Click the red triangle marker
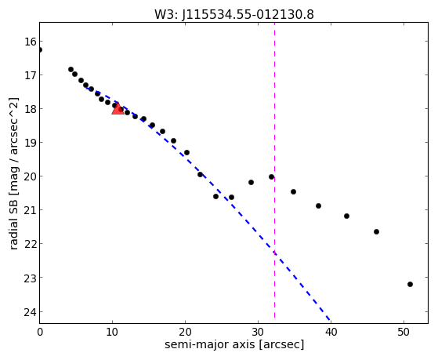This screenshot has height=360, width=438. pyautogui.click(x=118, y=108)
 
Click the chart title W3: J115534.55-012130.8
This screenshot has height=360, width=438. pyautogui.click(x=234, y=15)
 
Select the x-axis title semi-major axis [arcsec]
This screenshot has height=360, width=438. pyautogui.click(x=234, y=344)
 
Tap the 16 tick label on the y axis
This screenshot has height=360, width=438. pyautogui.click(x=31, y=42)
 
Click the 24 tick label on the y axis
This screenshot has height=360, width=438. pyautogui.click(x=31, y=312)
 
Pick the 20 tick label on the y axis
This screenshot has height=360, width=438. pyautogui.click(x=31, y=176)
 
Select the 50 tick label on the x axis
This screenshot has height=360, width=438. pyautogui.click(x=404, y=333)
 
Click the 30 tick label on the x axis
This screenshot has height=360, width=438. pyautogui.click(x=258, y=333)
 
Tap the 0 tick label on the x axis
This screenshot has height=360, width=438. pyautogui.click(x=40, y=333)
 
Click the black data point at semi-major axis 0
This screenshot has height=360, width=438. pyautogui.click(x=40, y=49)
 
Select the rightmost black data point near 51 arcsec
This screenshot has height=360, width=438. pyautogui.click(x=410, y=284)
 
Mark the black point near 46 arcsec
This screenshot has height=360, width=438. pyautogui.click(x=376, y=231)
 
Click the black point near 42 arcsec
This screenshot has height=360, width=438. pyautogui.click(x=346, y=216)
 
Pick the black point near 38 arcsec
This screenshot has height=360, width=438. pyautogui.click(x=318, y=205)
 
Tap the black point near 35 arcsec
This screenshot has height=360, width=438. pyautogui.click(x=293, y=191)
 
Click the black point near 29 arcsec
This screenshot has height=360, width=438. pyautogui.click(x=251, y=183)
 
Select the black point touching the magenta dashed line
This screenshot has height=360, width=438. pyautogui.click(x=272, y=176)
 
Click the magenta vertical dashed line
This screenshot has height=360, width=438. pyautogui.click(x=274, y=170)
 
